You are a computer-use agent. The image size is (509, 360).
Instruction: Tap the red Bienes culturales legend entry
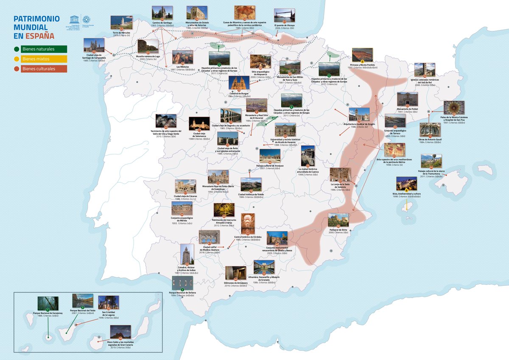pos(38,69)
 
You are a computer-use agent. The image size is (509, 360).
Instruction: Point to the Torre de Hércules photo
pos(118,22)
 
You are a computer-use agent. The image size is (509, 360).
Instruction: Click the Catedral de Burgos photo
pos(239,83)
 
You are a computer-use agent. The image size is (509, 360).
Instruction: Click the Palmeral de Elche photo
pos(338,220)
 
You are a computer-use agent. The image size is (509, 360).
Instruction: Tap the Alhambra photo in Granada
pos(264,267)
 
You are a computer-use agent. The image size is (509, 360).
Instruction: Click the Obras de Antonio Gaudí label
pos(430,141)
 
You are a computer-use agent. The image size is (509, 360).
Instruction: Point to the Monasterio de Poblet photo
pos(407,99)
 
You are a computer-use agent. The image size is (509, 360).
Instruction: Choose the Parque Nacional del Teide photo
pos(82,300)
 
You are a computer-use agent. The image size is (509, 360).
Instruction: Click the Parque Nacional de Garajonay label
pos(48,313)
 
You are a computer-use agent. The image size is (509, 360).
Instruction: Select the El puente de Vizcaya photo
pos(284,16)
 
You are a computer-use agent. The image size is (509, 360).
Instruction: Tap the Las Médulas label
pos(182,67)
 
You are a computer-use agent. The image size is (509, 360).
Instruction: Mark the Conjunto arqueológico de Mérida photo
pos(182,208)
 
